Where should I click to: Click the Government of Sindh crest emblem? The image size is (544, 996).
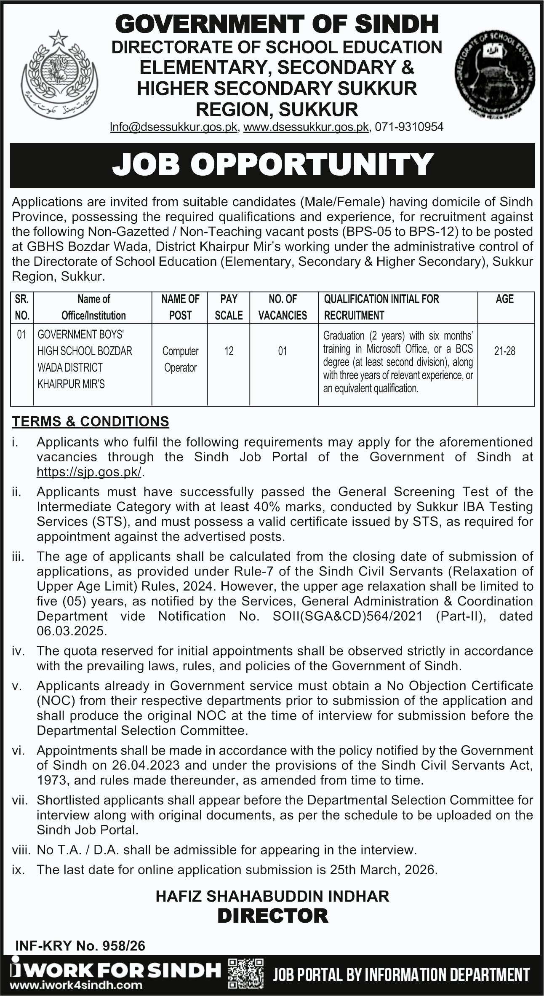(59, 76)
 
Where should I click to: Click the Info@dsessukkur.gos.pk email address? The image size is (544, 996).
(173, 127)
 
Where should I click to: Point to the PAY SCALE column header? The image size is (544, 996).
(229, 307)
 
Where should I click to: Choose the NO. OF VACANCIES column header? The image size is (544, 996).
(283, 307)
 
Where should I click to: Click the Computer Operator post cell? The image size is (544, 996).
(180, 359)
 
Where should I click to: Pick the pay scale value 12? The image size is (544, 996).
(229, 351)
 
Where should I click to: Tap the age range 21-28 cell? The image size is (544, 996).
(504, 351)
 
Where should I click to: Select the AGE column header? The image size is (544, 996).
(504, 299)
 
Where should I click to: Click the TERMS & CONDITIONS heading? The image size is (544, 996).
(91, 421)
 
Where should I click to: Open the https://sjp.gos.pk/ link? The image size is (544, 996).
(90, 472)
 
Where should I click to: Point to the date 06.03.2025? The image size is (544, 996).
(71, 631)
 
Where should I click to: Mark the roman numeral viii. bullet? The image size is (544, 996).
(21, 850)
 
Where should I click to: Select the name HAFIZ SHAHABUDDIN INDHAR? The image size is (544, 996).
(272, 896)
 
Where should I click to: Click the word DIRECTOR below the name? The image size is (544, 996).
(272, 916)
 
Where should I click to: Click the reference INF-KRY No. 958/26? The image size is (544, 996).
(80, 946)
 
